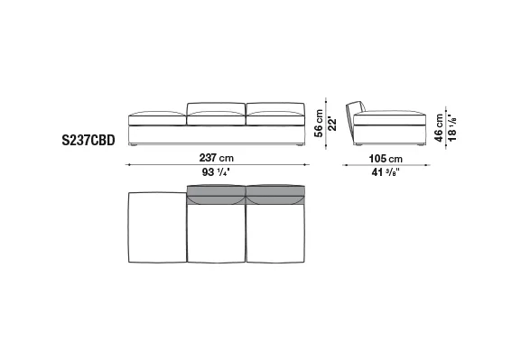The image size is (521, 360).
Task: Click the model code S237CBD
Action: point(88,140)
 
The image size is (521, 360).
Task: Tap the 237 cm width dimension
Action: point(217,158)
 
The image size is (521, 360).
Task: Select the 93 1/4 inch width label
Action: point(216,172)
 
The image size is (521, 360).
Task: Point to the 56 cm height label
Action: point(319,124)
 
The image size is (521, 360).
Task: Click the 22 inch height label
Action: point(332,124)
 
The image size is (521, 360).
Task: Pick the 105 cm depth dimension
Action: point(386,159)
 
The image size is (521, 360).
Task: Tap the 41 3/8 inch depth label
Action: point(386,172)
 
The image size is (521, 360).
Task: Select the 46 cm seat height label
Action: point(439,128)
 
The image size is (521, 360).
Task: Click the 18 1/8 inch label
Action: point(452,127)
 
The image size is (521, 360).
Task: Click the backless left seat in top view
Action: point(157,227)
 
